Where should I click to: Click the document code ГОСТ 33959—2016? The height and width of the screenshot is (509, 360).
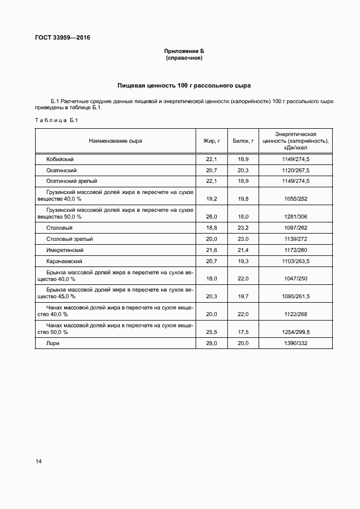coord(62,38)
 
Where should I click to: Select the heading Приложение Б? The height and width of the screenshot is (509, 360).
coord(184,51)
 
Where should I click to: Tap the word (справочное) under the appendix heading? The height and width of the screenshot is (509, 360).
coord(184,58)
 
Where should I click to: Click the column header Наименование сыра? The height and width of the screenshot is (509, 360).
coord(115,141)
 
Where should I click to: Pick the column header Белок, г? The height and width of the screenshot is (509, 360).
coord(243,141)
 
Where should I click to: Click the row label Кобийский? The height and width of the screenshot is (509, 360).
coord(60,159)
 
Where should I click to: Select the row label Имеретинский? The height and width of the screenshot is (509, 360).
coord(65,250)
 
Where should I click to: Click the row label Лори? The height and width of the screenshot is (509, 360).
coord(53,343)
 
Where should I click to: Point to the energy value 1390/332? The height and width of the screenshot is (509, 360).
coord(295,343)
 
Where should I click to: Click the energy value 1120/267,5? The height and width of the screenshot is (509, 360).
coord(295,170)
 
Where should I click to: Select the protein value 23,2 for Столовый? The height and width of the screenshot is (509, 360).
coord(243,227)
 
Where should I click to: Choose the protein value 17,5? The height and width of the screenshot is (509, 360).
coord(243,332)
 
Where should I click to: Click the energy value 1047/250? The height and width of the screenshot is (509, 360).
coord(295,278)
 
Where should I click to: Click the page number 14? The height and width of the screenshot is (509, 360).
coord(38,461)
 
